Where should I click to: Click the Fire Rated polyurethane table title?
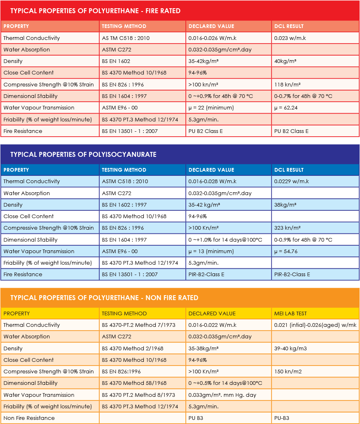(x=95, y=11)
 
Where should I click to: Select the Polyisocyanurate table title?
(x=83, y=154)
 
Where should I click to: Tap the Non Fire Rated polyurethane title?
(x=104, y=298)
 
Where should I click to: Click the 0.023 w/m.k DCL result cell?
(x=290, y=38)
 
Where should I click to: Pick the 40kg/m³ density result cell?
(x=285, y=61)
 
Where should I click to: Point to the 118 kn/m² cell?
(x=287, y=84)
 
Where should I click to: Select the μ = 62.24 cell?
(x=285, y=107)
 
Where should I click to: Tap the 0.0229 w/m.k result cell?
(x=291, y=181)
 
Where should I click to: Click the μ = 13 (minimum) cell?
(x=211, y=251)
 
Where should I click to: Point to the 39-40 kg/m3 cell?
(x=290, y=348)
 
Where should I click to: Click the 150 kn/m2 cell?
(x=288, y=371)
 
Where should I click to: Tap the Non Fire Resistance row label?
(x=29, y=418)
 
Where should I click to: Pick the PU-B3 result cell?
(x=282, y=418)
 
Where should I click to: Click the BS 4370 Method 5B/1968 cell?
(x=134, y=383)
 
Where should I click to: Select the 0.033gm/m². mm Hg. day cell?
(x=222, y=395)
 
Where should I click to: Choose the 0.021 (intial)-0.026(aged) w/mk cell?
(x=315, y=325)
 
